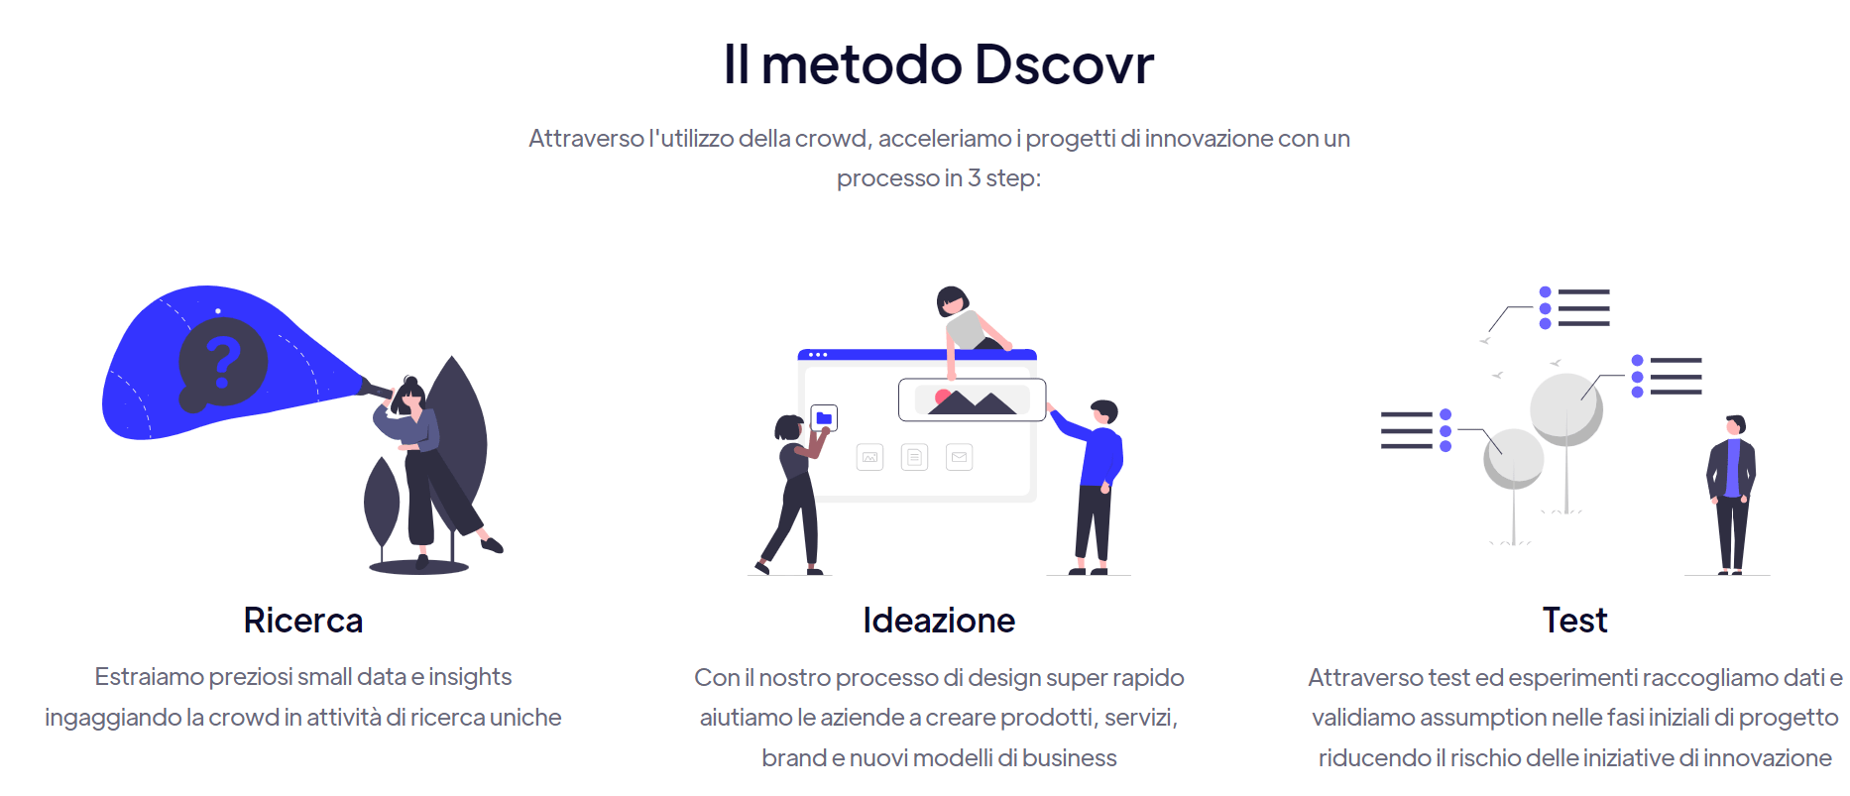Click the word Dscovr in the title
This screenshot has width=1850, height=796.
click(x=1064, y=64)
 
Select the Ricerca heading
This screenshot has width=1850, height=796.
click(x=303, y=621)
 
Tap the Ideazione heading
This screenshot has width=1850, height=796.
click(x=939, y=621)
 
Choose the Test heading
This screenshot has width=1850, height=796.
click(x=1574, y=621)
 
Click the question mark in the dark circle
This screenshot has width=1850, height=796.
click(x=223, y=361)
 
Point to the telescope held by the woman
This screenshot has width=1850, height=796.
click(x=377, y=388)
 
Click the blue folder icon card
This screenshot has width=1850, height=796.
click(x=824, y=418)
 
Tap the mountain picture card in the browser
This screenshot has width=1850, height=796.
click(x=972, y=399)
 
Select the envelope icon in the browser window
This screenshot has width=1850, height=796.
click(x=959, y=457)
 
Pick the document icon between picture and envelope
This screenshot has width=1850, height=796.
click(x=914, y=457)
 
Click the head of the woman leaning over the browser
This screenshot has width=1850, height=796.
click(x=952, y=300)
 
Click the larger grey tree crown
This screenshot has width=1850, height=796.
click(x=1566, y=408)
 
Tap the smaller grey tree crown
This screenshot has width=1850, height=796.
click(x=1513, y=459)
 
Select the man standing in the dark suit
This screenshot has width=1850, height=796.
click(x=1731, y=494)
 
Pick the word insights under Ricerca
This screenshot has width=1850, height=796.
click(x=470, y=677)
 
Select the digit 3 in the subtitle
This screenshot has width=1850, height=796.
click(x=975, y=178)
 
